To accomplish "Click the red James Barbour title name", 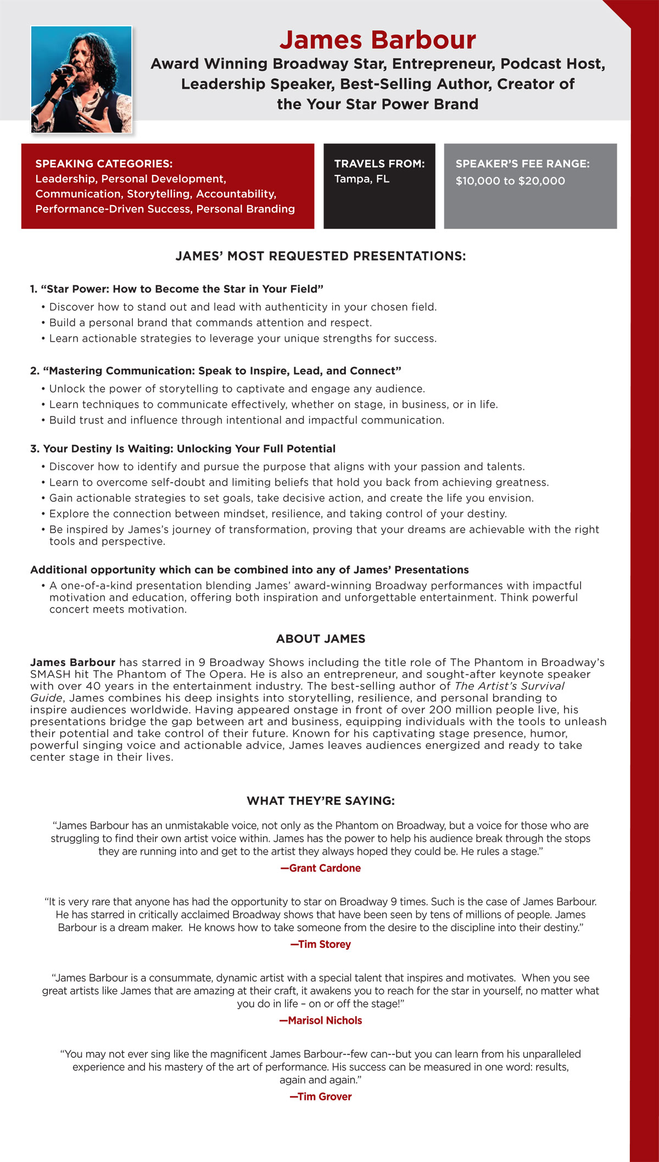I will coord(377,40).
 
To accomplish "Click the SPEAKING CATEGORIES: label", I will coord(104,163).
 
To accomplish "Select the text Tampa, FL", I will coord(361,179).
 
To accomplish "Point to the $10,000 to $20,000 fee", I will coord(510,181).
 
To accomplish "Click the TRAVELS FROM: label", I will coord(379,163).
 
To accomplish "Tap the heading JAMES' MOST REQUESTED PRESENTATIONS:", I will coord(321,256).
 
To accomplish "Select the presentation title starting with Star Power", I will coord(177,289).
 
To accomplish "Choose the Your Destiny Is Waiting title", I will coord(183,449).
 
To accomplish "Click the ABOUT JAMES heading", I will coord(321,639).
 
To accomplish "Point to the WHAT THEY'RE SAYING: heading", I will coord(321,801).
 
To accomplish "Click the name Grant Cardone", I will coord(321,868).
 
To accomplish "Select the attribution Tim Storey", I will coord(321,944).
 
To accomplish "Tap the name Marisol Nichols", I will coord(321,1020).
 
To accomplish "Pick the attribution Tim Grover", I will coord(321,1097).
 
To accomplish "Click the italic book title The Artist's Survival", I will coord(509,686).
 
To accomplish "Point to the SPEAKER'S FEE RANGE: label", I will coord(522,163).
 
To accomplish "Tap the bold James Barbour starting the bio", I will coord(72,662).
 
